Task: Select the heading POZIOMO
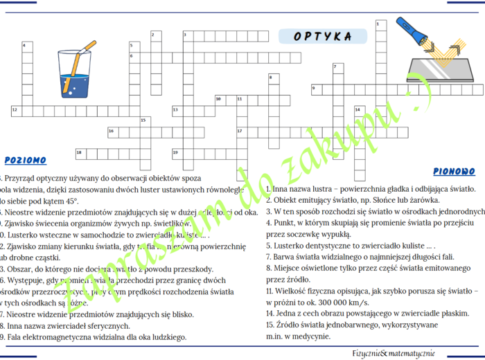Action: tap(25, 160)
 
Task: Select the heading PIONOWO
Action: tap(454, 171)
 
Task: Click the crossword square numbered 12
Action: tap(15, 109)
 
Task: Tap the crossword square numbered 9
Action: tap(315, 89)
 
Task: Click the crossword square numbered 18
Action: tap(80, 152)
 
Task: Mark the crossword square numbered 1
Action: tap(378, 25)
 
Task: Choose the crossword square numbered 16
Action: tap(112, 131)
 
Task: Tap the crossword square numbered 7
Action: tap(336, 68)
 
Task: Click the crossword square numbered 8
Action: tap(272, 78)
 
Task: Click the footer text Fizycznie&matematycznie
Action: tap(394, 352)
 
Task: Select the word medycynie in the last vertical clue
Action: tap(308, 336)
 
